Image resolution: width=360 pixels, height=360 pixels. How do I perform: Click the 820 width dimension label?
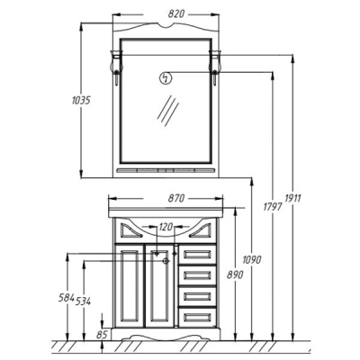176,14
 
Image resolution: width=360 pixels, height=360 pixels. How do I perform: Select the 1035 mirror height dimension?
81,100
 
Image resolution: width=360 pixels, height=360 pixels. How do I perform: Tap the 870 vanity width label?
176,198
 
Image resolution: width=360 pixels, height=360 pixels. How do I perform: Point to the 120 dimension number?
166,227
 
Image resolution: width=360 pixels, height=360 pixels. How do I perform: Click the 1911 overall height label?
292,198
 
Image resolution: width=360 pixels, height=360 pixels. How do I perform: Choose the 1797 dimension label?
273,206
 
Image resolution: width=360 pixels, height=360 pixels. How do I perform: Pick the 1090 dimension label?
252,259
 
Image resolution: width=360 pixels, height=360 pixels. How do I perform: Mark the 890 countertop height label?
235,274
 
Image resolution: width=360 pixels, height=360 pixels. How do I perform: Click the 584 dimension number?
66,298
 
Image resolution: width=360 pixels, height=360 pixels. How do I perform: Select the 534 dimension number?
83,301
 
